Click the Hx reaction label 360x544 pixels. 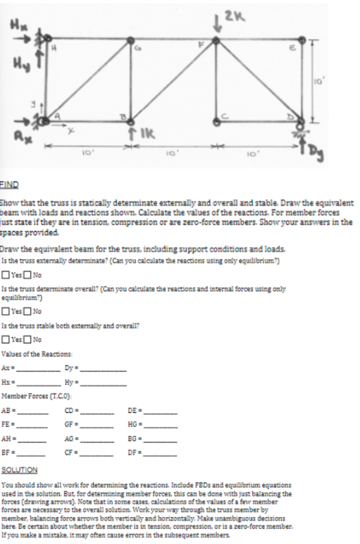13,26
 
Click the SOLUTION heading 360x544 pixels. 19,469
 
